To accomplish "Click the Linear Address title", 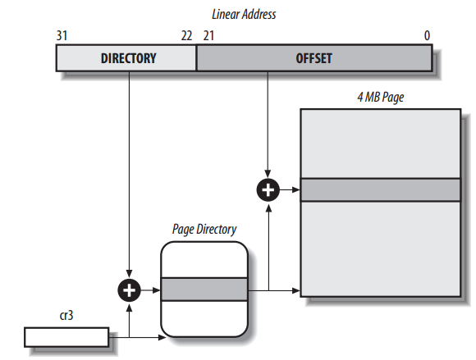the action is [244, 14].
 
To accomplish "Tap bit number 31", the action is [62, 36].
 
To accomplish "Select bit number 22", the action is [186, 36].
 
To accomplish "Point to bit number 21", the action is [208, 36].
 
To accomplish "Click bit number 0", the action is [427, 36].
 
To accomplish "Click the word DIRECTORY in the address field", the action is [128, 58].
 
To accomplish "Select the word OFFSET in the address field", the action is [314, 58].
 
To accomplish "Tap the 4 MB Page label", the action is [381, 97].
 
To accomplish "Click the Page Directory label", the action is [204, 230].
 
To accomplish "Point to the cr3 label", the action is [66, 316].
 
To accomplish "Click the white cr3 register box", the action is [66, 337].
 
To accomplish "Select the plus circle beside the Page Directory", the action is [130, 290].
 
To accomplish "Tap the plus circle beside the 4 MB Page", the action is [268, 190].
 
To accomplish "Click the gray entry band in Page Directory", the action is [204, 289].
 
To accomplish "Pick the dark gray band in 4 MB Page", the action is [381, 190].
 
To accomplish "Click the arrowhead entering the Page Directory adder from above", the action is [130, 274].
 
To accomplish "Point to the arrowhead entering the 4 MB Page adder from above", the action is [268, 174].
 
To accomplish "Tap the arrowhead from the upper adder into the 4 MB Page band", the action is [296, 190].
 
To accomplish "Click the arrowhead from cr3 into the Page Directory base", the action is [162, 337].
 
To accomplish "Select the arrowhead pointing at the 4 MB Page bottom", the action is [296, 290].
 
